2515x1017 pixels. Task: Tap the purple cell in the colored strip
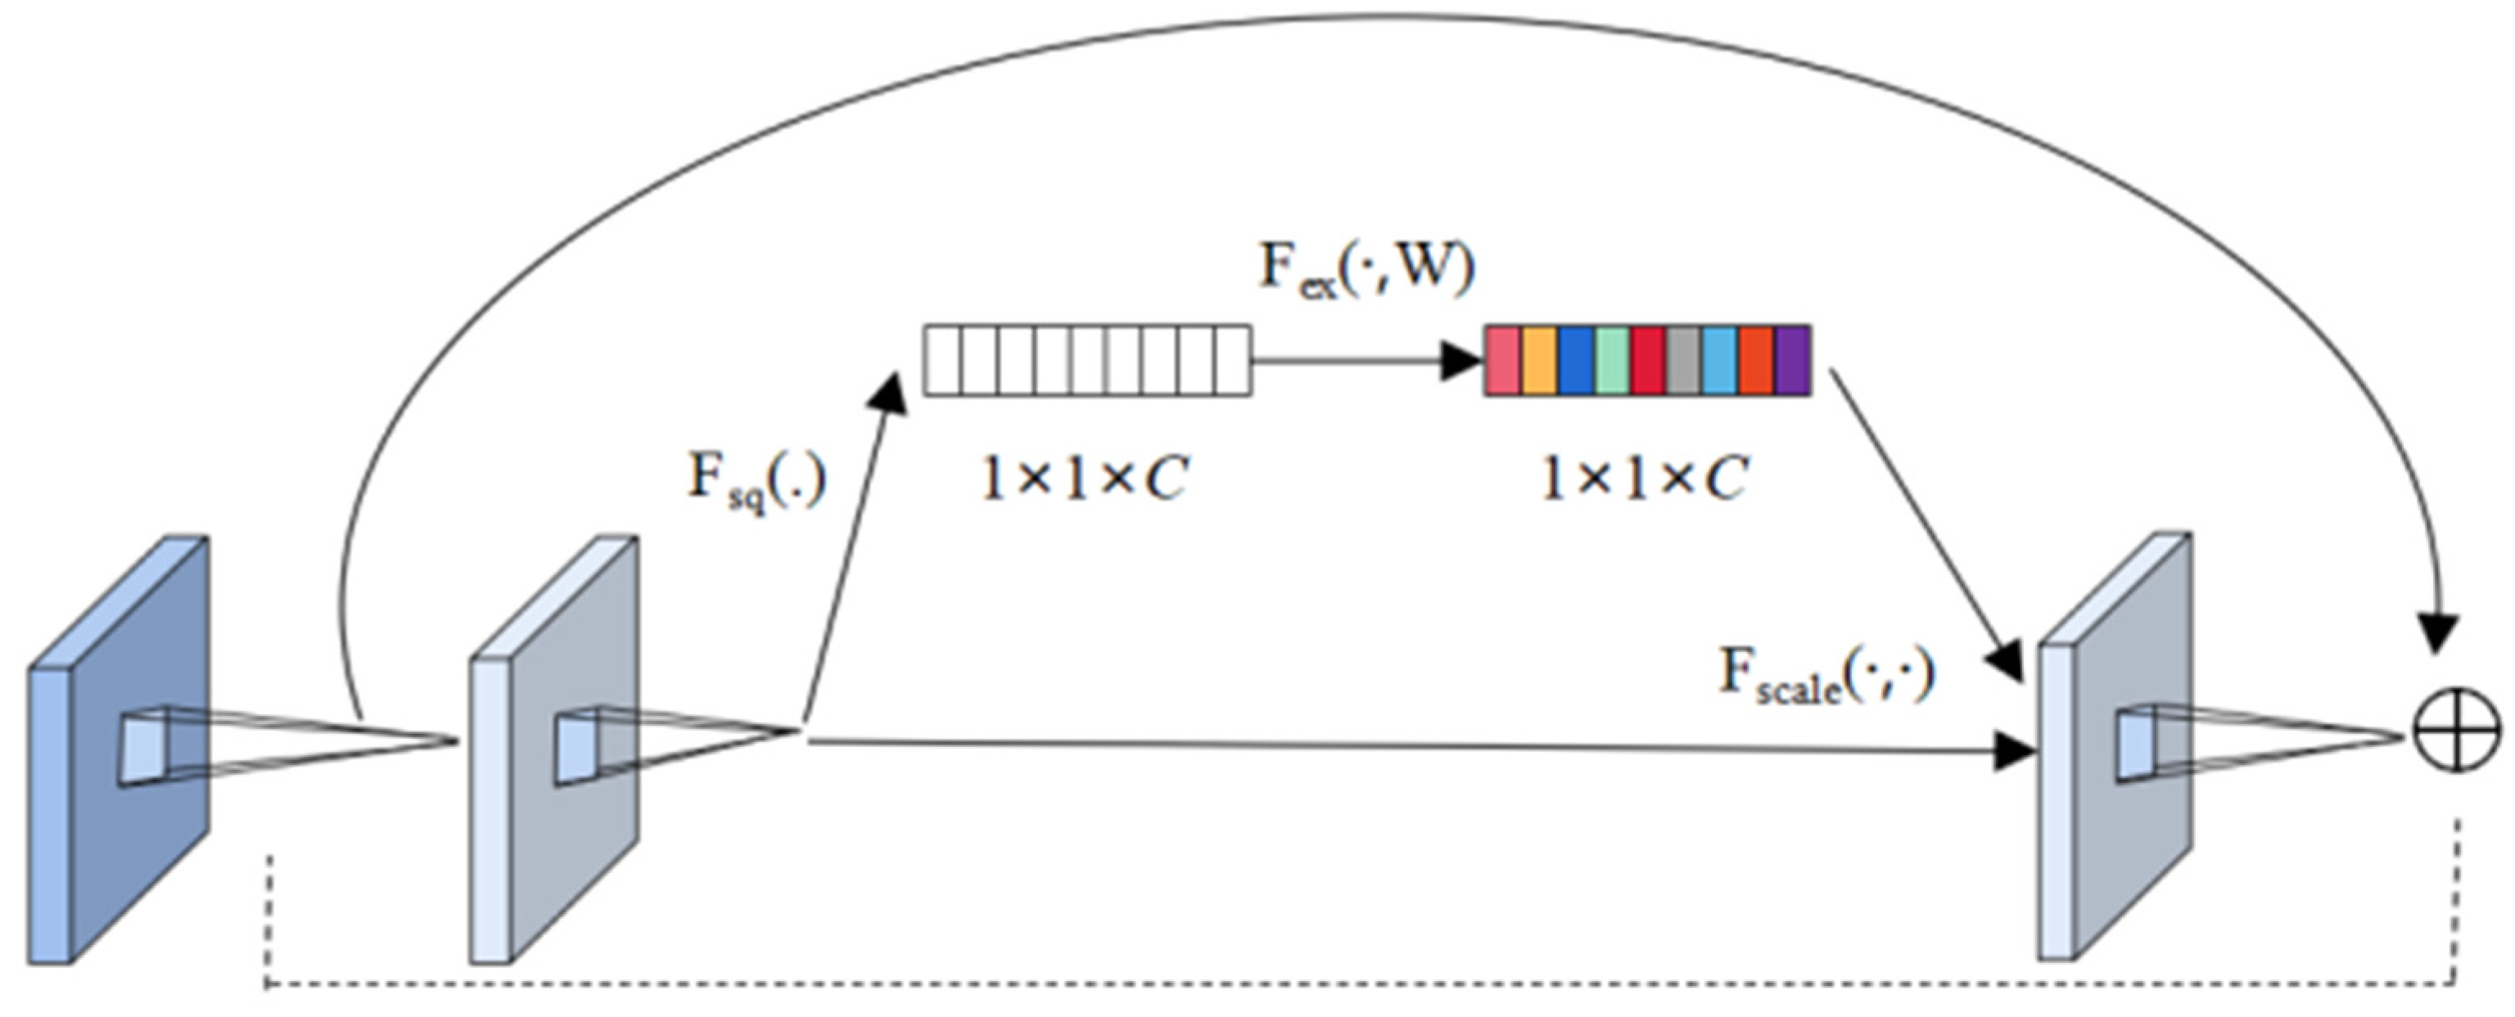(x=1791, y=361)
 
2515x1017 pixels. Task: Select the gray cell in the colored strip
(x=1683, y=361)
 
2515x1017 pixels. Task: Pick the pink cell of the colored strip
(x=1502, y=361)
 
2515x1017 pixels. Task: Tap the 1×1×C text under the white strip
(x=1084, y=479)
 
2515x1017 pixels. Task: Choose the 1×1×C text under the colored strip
(x=1644, y=479)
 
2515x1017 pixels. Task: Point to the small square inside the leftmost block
(x=144, y=749)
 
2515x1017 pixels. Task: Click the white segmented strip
(x=1086, y=361)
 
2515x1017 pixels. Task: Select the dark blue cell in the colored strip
(x=1576, y=361)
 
